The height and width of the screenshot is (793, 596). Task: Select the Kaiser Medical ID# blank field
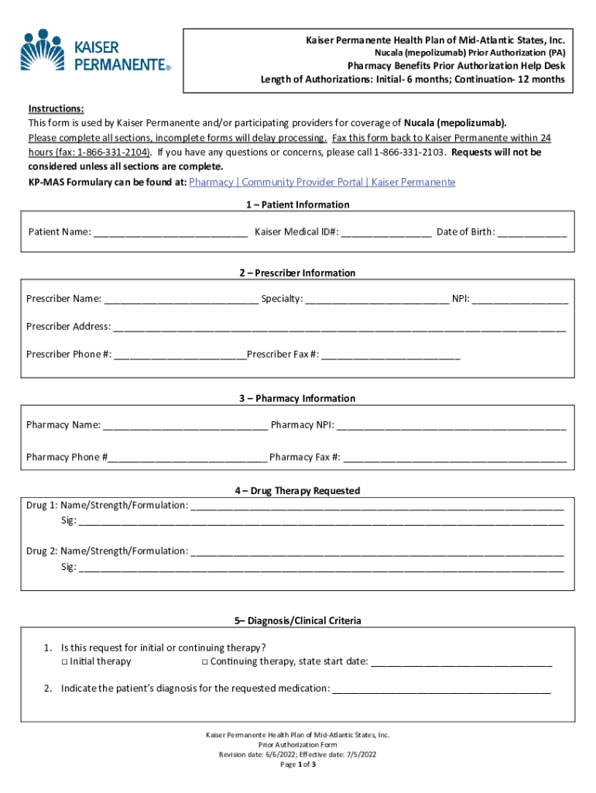tap(386, 232)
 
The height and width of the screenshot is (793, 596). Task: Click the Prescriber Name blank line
tap(181, 299)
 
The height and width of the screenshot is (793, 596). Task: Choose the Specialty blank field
tap(376, 299)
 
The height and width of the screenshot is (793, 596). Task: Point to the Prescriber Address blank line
tap(339, 327)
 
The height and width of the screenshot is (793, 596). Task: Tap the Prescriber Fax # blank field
tap(391, 355)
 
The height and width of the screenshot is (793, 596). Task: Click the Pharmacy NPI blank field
tap(451, 425)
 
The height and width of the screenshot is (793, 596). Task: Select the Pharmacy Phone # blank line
tap(187, 457)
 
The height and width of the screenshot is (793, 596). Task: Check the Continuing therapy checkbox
tap(204, 662)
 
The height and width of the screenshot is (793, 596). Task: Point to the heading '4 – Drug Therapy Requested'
tap(298, 491)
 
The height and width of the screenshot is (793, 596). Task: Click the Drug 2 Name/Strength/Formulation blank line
tap(377, 551)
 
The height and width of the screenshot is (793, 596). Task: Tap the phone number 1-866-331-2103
tap(407, 153)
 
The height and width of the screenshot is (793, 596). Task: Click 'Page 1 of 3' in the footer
tap(298, 764)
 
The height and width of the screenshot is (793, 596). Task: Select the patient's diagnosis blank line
tap(441, 688)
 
